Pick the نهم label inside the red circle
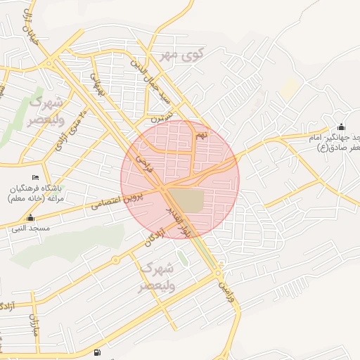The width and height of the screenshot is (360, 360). coord(202,134)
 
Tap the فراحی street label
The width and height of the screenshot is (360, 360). coord(144,163)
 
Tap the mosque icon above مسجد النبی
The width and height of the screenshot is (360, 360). coord(31,218)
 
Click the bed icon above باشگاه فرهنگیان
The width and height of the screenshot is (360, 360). coord(36,177)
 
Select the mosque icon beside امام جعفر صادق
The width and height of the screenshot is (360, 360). coord(342,127)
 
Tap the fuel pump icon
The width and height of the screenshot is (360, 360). coord(96,352)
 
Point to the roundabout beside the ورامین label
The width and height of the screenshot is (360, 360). coord(219,271)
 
